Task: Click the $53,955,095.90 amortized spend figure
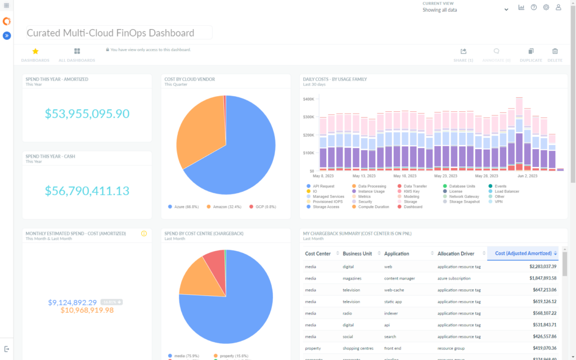87,114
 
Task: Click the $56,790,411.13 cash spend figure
87,191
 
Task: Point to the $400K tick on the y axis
308,99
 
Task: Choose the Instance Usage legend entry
371,191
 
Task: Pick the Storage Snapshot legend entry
465,201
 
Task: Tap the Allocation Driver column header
456,254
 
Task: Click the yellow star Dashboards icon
35,51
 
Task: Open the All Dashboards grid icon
77,51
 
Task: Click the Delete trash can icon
555,51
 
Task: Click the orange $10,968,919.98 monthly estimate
87,310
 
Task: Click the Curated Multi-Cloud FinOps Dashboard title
111,33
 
